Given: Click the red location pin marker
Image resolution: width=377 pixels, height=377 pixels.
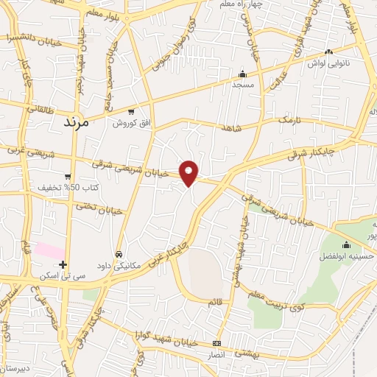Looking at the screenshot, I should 190,172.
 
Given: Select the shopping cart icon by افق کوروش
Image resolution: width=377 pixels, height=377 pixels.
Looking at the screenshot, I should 131,112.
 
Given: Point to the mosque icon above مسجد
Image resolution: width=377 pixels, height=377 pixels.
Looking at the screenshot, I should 242,74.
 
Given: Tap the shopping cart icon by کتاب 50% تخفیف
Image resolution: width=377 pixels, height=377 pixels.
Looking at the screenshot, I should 68,176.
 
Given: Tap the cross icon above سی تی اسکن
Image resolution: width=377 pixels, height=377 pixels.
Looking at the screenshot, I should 63,264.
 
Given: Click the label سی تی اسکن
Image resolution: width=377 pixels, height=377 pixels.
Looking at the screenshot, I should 63,275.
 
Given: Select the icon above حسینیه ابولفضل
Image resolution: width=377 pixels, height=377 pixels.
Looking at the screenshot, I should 346,244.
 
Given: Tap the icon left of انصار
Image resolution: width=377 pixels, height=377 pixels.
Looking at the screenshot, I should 216,344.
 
